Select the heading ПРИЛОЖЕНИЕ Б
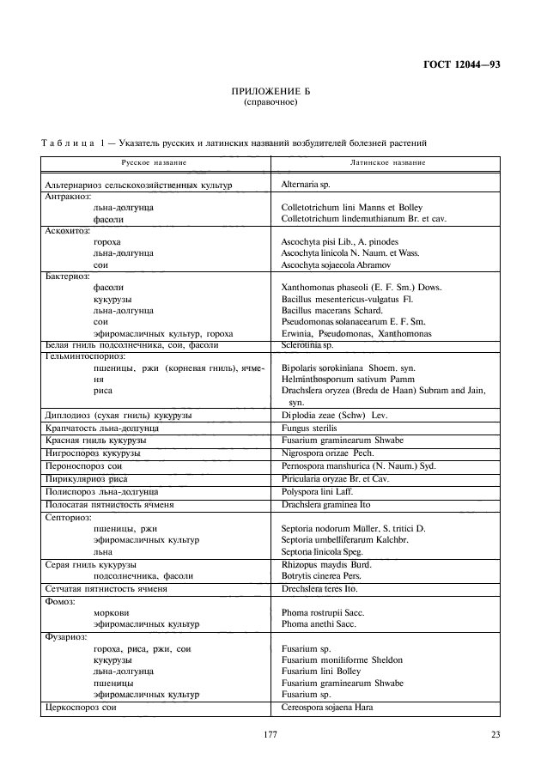270,91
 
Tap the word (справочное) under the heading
270,101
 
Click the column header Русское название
154,161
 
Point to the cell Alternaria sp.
306,184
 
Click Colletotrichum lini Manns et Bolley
351,208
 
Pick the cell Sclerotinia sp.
306,344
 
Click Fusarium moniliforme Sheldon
342,659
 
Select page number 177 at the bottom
270,734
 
